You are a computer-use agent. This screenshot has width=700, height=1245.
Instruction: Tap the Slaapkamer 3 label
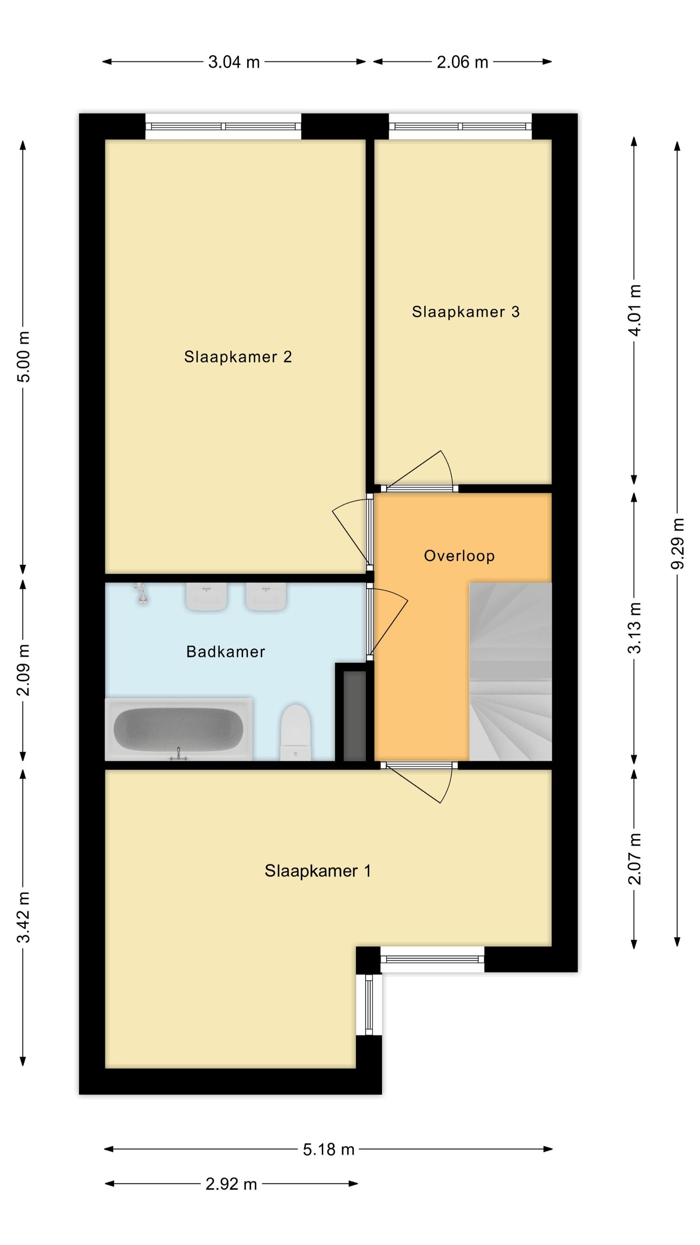(x=465, y=312)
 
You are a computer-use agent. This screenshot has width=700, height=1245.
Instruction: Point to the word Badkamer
(x=226, y=652)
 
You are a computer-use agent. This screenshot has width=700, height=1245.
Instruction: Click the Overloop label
(x=459, y=556)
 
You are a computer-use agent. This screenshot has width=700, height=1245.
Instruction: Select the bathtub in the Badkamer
(x=179, y=729)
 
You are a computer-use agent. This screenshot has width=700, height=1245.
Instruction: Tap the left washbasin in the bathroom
(x=206, y=596)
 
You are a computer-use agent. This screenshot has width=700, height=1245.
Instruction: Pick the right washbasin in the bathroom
(x=266, y=596)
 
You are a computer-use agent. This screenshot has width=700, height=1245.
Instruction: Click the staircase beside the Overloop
(x=510, y=671)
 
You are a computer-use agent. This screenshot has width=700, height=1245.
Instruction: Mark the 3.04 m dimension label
(x=234, y=62)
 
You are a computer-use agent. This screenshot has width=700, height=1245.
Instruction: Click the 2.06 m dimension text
(x=462, y=62)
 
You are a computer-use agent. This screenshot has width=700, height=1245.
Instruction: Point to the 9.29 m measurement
(x=677, y=543)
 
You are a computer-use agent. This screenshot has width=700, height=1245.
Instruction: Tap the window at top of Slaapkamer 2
(x=223, y=126)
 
